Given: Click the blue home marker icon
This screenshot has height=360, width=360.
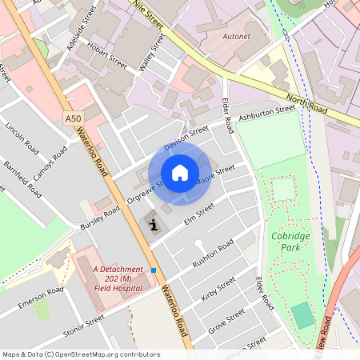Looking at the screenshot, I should tap(180, 173).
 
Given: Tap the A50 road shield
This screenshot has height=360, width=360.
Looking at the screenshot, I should tap(74, 118).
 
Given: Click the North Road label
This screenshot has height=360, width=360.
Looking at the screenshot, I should tap(307, 102).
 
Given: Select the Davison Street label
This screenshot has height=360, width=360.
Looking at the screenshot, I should tap(186, 138).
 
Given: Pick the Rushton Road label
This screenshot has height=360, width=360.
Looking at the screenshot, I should tap(212, 254).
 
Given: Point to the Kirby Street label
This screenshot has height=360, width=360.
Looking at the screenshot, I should tap(218, 289).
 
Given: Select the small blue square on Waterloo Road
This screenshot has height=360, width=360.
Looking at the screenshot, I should tap(154, 270).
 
